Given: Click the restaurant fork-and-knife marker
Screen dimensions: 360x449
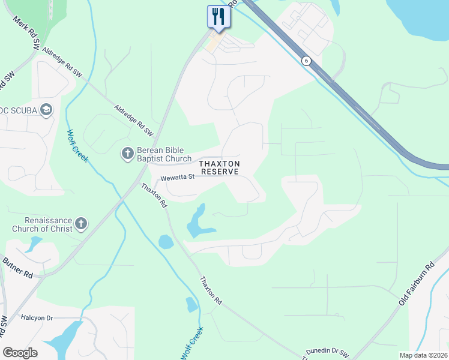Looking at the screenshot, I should [218, 17].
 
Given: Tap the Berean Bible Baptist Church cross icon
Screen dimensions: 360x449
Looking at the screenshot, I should [127, 154].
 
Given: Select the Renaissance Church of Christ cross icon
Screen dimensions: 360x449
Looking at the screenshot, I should [81, 224].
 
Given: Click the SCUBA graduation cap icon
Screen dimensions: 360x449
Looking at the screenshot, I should [46, 110].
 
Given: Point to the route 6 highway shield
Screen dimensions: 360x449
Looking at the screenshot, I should [306, 61].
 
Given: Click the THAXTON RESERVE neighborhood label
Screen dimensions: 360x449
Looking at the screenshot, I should [220, 167].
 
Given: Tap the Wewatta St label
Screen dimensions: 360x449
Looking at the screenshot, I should [178, 177].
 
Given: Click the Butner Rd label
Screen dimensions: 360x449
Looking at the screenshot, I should [17, 268].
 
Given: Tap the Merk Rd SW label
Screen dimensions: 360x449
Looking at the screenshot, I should [27, 32].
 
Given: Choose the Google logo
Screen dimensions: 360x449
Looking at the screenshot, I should [20, 353].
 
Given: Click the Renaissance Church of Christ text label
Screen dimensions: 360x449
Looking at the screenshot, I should [42, 224].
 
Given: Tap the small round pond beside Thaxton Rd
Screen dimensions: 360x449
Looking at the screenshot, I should [166, 242].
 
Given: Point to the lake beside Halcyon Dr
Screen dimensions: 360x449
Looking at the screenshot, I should [66, 338].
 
